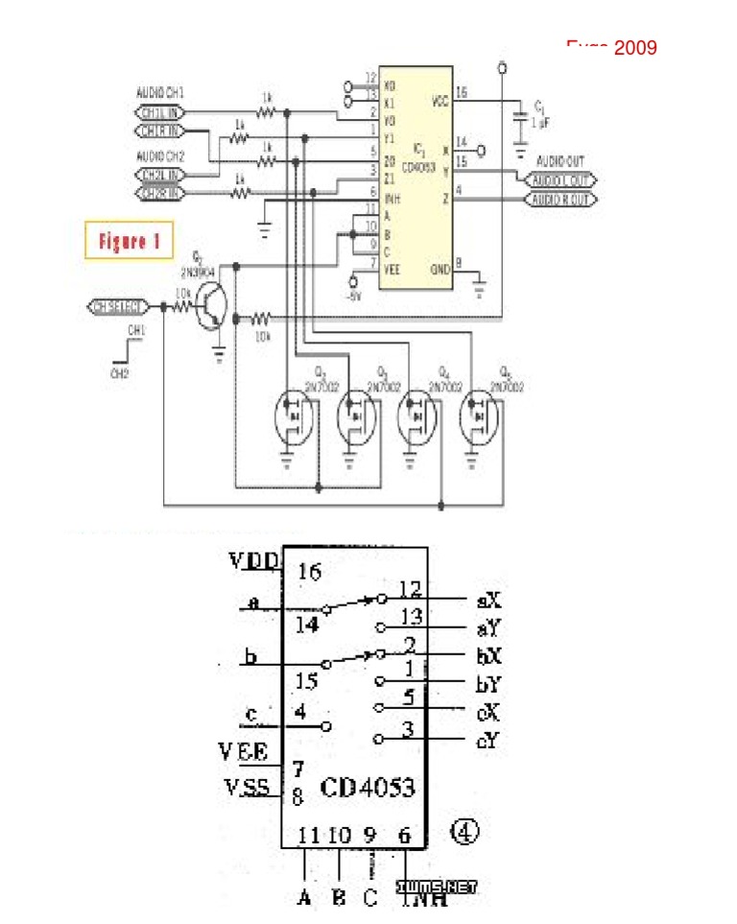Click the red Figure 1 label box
pos(129,241)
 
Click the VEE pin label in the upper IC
pos(392,271)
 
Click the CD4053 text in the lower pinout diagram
pos(368,788)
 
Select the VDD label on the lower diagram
pos(254,560)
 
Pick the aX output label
pos(488,603)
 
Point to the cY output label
pos(487,740)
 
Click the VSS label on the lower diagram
pos(251,789)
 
